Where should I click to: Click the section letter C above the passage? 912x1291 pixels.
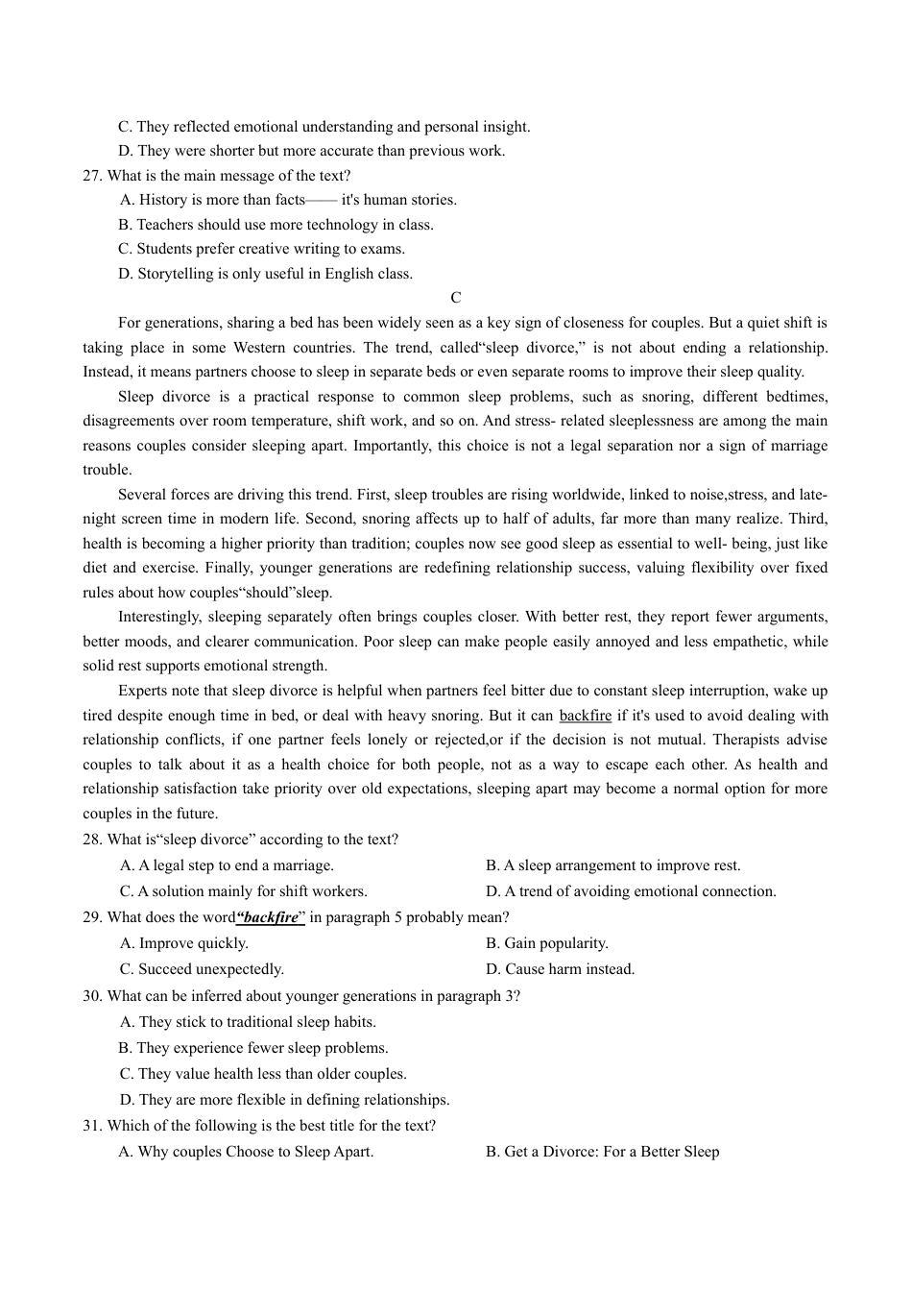(x=456, y=298)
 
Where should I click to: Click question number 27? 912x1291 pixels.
(x=92, y=176)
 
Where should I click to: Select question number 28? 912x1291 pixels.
(x=92, y=840)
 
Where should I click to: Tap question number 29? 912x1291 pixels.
(x=92, y=917)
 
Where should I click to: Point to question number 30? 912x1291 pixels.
(x=92, y=996)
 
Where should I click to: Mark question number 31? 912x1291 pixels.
(x=92, y=1126)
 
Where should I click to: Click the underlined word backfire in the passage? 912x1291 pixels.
(x=585, y=716)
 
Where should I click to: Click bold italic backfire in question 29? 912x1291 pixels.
(x=271, y=917)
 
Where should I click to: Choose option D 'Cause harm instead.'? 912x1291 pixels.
(x=560, y=969)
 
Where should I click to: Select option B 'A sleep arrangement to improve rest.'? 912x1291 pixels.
(x=612, y=865)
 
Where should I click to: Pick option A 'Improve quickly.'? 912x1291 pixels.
(x=183, y=943)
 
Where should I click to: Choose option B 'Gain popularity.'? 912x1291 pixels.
(x=546, y=943)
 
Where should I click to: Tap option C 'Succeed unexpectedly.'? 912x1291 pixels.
(x=202, y=969)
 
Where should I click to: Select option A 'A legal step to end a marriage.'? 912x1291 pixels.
(x=227, y=865)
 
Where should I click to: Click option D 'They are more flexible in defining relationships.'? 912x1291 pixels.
(x=284, y=1100)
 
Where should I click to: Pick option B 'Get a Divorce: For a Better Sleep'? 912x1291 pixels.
(x=602, y=1152)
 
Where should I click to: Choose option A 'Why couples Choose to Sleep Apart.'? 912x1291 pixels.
(x=246, y=1152)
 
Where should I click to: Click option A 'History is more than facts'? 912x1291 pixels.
(x=288, y=200)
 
